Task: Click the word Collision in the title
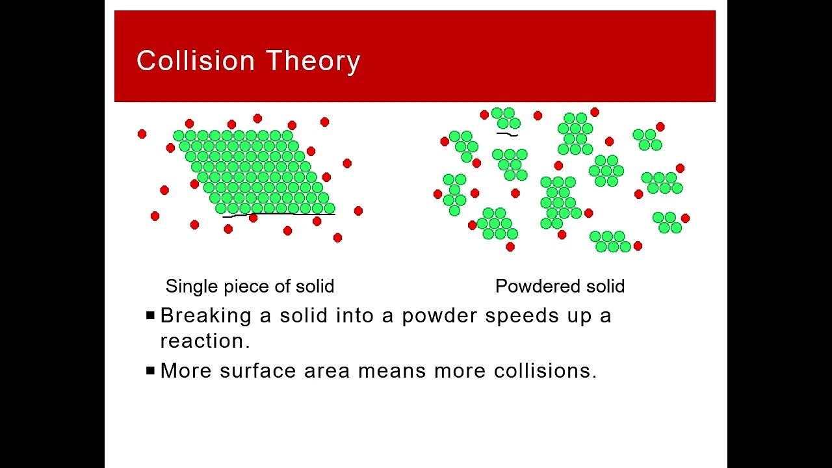(196, 61)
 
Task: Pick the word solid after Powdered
(604, 286)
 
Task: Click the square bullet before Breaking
(151, 316)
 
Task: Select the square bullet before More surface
(151, 370)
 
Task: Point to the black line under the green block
(286, 214)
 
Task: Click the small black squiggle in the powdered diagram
(507, 135)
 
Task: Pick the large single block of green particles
(253, 172)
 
